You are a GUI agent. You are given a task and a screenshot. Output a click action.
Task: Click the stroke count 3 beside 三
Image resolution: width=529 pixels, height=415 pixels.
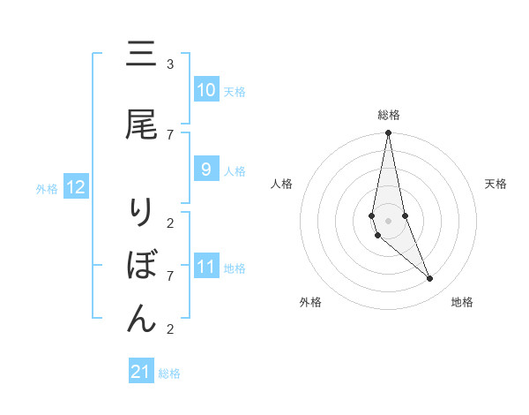[x=170, y=64]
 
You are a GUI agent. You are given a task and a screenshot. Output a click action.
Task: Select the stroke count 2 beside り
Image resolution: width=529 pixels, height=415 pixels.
[x=170, y=222]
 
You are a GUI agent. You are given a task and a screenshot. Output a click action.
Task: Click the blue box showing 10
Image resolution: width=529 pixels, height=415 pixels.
[x=205, y=90]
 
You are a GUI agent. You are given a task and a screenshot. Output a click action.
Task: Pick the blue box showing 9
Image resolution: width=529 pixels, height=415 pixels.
[x=205, y=170]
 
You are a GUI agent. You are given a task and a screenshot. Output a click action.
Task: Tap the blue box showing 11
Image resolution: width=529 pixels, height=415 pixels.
[x=205, y=267]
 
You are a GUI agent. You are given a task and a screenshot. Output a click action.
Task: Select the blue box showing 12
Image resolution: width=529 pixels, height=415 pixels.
[x=76, y=187]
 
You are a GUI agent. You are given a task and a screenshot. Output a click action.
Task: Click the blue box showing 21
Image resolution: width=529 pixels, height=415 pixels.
[x=141, y=372]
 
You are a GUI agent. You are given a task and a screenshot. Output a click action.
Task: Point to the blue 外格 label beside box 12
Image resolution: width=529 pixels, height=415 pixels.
[x=46, y=188]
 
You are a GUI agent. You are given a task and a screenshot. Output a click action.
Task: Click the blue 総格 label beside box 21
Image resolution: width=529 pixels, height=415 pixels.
[x=169, y=373]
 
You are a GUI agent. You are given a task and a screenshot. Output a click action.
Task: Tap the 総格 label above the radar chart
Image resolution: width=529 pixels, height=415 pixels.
[x=388, y=115]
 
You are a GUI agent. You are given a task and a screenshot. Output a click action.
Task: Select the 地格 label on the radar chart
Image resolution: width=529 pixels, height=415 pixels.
[x=462, y=302]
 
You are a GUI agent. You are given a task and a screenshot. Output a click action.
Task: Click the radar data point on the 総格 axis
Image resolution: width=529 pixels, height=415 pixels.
[x=388, y=133]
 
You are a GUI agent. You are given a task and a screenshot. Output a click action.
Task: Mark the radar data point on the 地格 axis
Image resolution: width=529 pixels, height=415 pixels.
[x=430, y=279]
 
